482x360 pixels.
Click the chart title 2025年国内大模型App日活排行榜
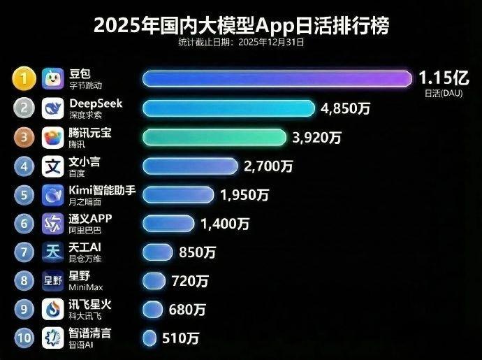point(241,26)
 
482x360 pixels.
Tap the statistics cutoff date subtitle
point(241,43)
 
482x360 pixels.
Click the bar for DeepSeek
point(229,108)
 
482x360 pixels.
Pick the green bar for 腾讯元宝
point(214,137)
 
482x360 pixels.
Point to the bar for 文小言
point(190,166)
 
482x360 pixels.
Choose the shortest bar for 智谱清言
point(149,338)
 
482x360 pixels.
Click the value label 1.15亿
point(444,76)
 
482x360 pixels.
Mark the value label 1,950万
point(244,195)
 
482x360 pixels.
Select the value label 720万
point(189,281)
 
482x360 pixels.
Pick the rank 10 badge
point(24,338)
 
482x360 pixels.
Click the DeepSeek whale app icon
point(54,108)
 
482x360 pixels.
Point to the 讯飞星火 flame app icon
point(54,309)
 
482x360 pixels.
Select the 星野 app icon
point(54,280)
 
